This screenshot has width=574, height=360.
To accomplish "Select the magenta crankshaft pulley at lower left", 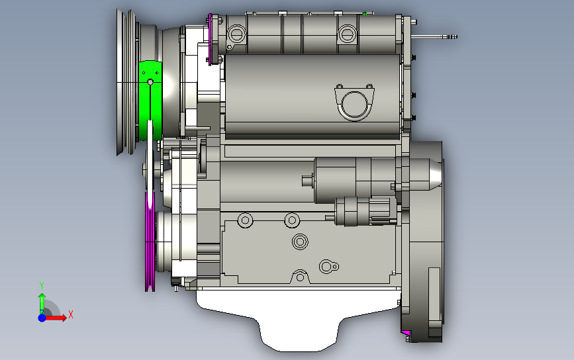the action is [x=150, y=242].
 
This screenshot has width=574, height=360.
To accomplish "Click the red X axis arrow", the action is [x=56, y=317].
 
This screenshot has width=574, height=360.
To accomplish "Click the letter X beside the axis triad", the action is [x=71, y=314].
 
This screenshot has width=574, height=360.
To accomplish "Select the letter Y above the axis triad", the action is [x=42, y=285].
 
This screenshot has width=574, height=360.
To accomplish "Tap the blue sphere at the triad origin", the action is [x=42, y=318].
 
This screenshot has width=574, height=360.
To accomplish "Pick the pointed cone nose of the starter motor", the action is [x=436, y=174].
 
